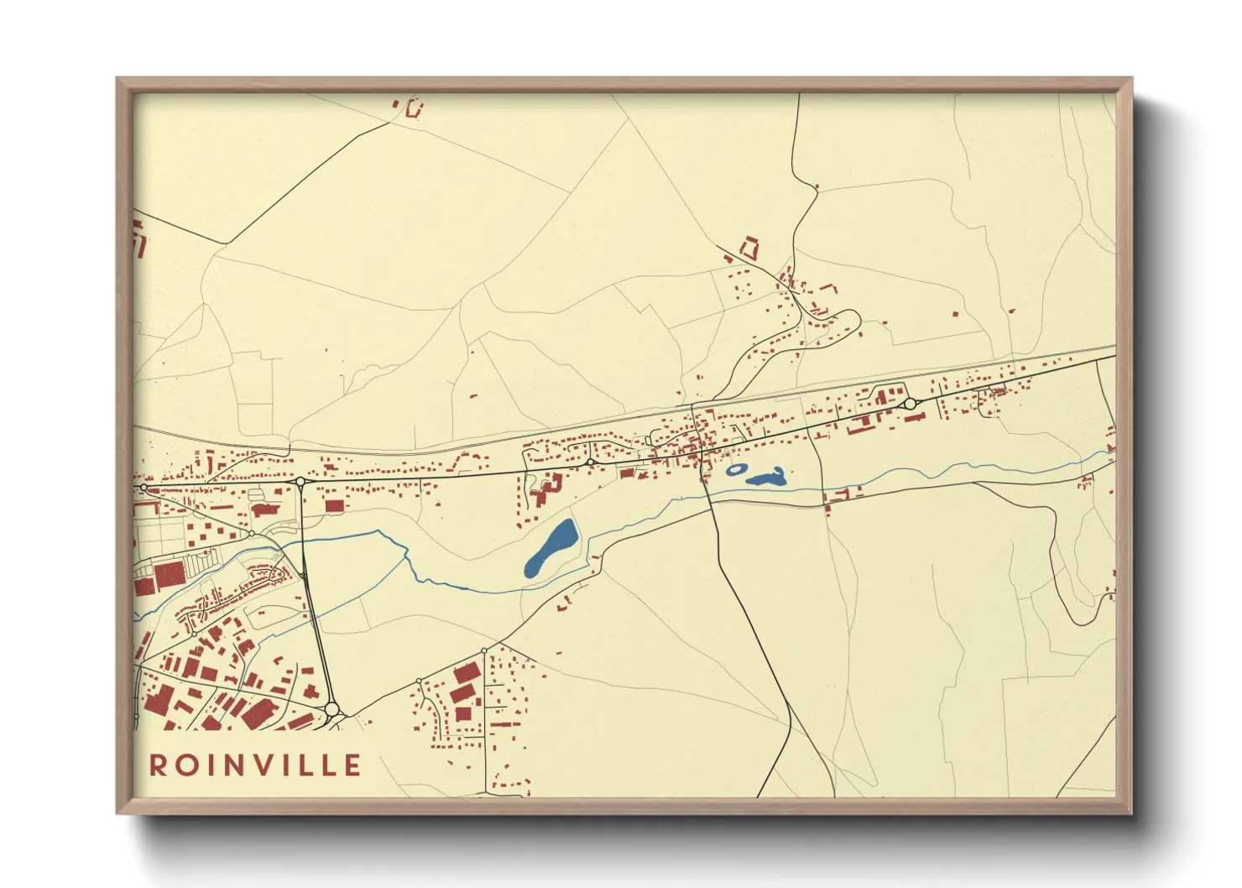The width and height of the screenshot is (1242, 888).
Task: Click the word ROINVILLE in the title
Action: click(x=256, y=765)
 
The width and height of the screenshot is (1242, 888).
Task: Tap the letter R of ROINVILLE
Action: click(x=157, y=765)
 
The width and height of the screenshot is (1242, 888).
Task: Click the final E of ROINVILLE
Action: click(x=353, y=765)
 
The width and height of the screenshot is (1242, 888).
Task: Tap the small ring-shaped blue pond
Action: click(x=735, y=470)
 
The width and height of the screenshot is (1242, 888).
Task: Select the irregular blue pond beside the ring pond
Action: click(x=766, y=479)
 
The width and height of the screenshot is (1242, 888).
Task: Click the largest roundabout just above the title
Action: click(x=331, y=709)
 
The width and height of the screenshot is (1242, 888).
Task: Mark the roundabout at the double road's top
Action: click(x=300, y=482)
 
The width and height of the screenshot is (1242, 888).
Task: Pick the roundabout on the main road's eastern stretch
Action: click(x=910, y=404)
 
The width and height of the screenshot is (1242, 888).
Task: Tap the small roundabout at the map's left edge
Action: click(x=144, y=487)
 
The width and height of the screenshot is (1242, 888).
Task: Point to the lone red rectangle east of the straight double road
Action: click(x=335, y=505)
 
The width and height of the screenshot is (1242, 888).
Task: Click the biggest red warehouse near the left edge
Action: click(x=169, y=575)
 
